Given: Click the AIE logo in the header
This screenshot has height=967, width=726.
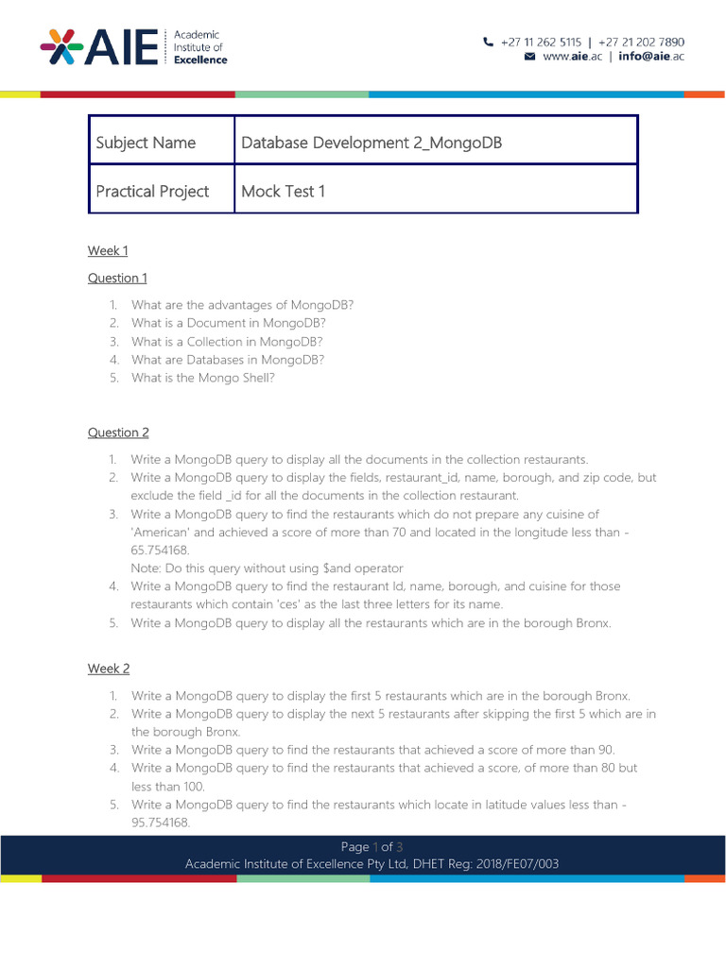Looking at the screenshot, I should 133,47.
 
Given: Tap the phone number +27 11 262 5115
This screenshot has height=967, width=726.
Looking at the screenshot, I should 541,42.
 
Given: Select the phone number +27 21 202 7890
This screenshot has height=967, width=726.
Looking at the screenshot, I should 642,42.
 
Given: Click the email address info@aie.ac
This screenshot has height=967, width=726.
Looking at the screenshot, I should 651,57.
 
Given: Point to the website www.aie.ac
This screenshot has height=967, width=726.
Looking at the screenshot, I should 573,57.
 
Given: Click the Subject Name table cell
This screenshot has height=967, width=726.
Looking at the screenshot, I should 162,143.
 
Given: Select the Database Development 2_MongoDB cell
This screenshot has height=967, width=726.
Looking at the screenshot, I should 436,143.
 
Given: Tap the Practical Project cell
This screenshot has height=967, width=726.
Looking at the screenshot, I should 162,191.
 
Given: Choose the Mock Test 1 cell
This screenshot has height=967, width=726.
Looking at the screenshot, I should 436,191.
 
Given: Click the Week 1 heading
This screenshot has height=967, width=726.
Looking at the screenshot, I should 108,250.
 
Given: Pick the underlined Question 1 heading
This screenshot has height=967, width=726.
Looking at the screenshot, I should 118,278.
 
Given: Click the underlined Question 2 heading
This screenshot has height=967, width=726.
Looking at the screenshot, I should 118,433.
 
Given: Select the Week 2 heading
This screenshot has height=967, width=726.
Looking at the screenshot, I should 109,669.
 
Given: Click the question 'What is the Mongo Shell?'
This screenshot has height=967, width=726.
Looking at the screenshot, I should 216,379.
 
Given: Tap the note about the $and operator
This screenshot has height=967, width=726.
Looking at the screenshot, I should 267,568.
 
